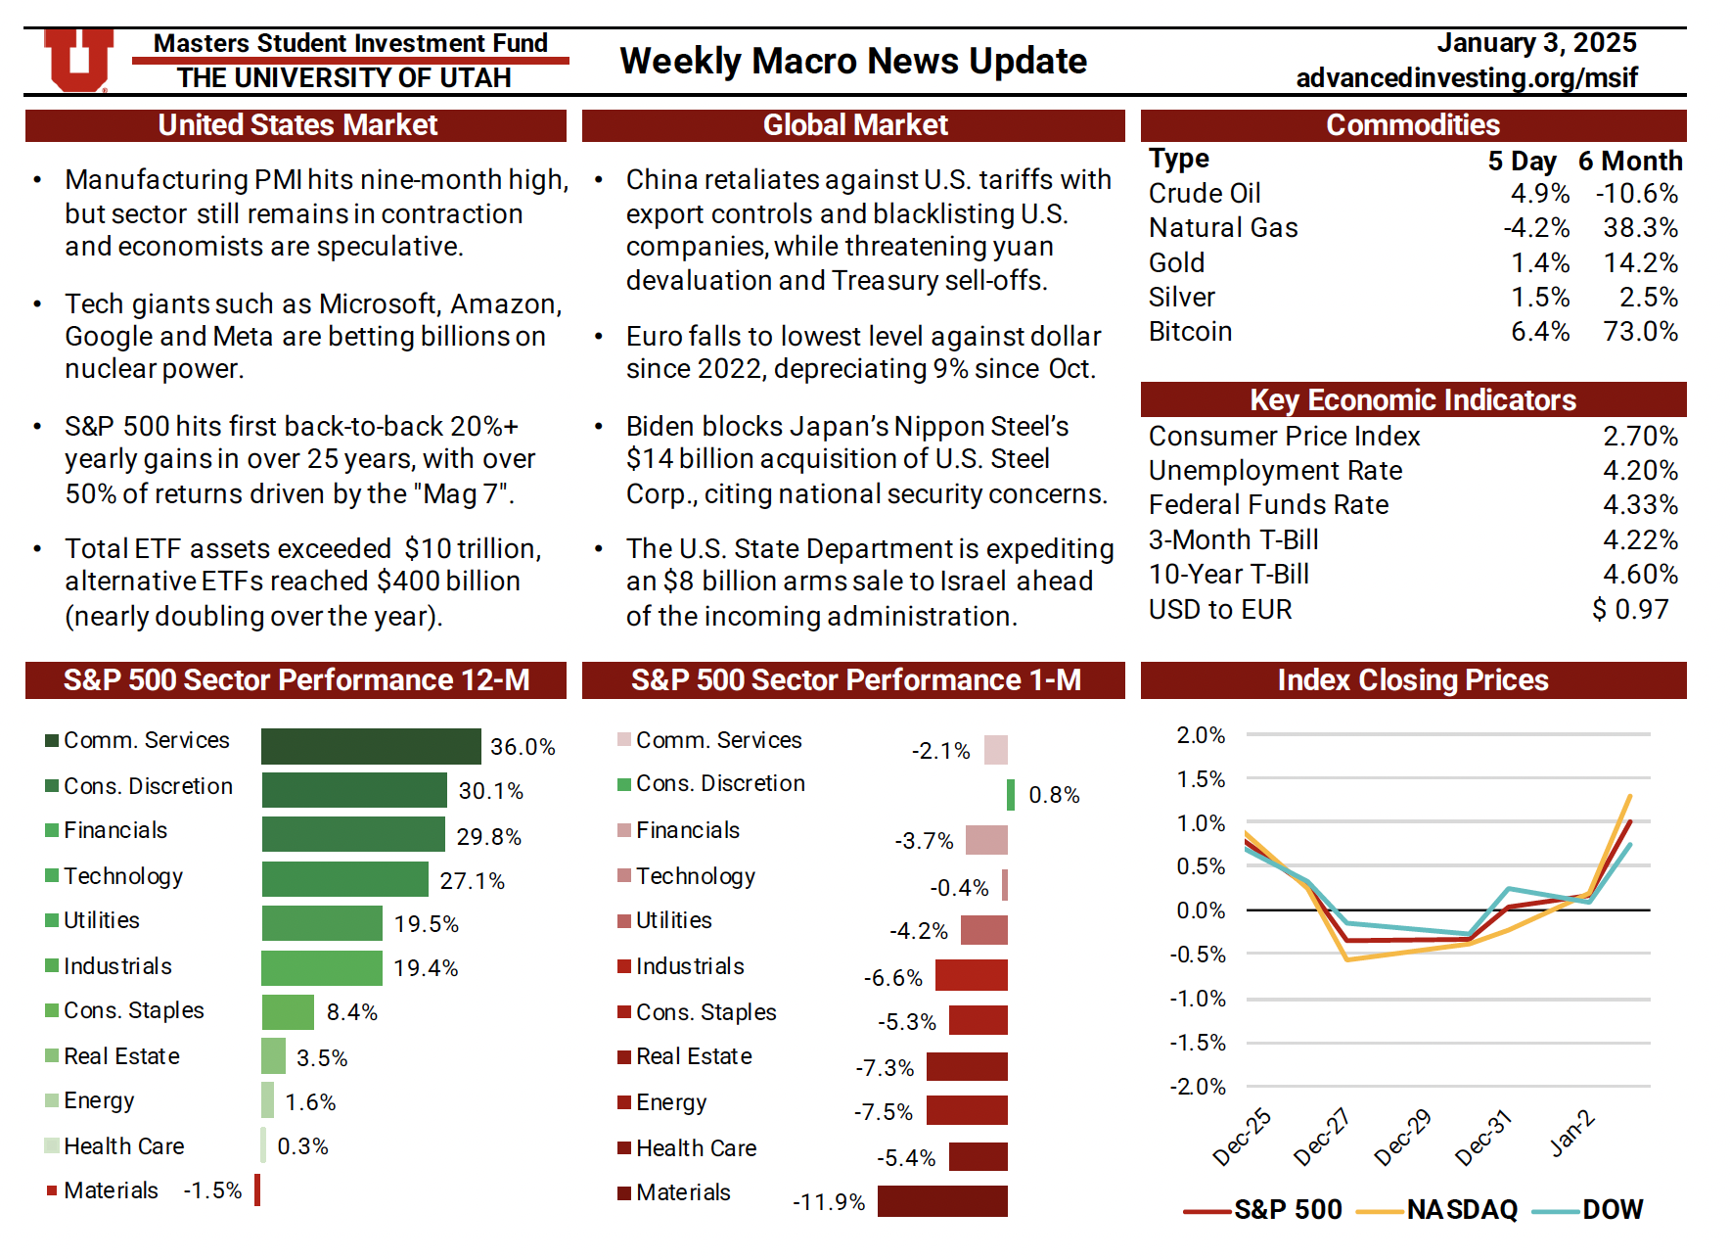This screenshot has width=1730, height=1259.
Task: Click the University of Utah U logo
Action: (x=78, y=60)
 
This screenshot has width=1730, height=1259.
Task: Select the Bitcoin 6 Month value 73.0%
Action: (x=1640, y=332)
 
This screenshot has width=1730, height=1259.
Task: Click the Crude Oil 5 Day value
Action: (x=1539, y=194)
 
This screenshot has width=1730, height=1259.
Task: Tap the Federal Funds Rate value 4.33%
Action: (x=1640, y=505)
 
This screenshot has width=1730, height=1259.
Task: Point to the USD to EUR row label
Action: (x=1219, y=609)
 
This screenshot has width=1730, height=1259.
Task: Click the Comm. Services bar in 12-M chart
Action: (x=371, y=746)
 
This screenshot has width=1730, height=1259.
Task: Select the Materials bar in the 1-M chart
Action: (x=941, y=1201)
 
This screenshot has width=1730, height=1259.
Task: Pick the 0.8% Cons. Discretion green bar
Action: (x=1011, y=795)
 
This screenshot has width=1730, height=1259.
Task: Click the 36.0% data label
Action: (x=523, y=747)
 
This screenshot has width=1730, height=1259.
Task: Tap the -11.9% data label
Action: (x=829, y=1202)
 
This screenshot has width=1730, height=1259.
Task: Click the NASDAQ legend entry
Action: (x=1438, y=1210)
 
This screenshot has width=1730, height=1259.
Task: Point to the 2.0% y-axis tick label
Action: (x=1201, y=735)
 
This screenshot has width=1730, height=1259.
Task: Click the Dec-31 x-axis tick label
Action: (x=1482, y=1138)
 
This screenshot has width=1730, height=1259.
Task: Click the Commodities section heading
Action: (x=1412, y=125)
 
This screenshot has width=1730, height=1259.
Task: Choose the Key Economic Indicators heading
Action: (x=1412, y=400)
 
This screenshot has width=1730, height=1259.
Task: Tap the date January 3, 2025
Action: (x=1536, y=43)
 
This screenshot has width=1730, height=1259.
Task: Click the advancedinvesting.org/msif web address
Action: (x=1466, y=77)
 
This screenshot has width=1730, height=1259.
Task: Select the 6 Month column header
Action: (x=1629, y=161)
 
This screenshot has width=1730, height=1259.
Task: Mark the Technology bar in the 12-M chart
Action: (x=344, y=879)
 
